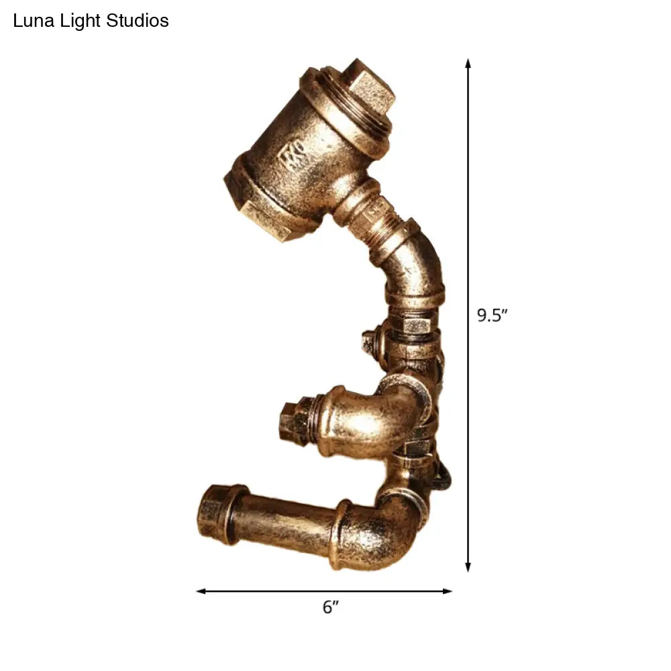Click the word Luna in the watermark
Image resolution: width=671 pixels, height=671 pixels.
[30, 21]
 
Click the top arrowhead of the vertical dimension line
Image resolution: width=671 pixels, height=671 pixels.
[468, 64]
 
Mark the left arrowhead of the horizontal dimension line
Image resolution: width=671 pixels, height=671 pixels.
[201, 591]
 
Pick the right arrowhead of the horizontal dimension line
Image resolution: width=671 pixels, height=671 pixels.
[448, 591]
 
